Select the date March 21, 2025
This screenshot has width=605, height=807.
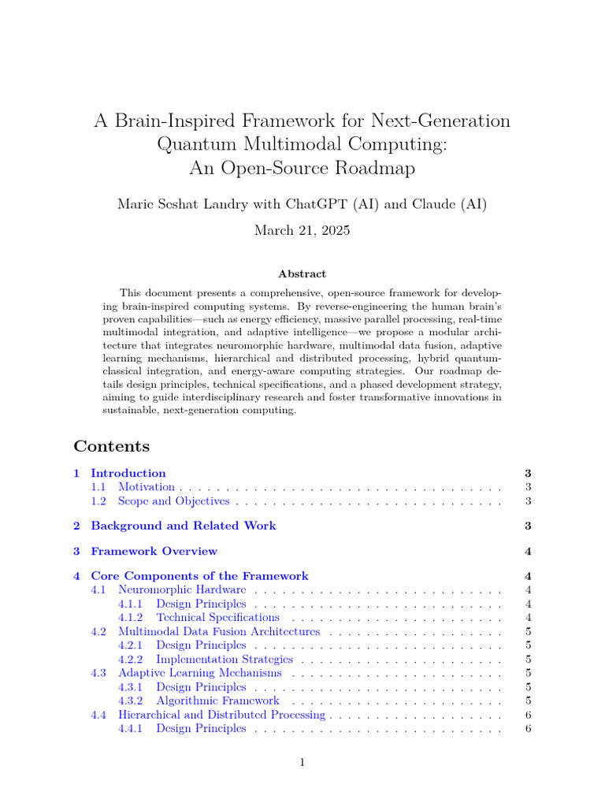(302, 230)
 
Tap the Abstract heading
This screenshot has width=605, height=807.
(302, 273)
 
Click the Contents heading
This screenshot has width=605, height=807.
(111, 446)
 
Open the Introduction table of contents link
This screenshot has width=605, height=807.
(128, 474)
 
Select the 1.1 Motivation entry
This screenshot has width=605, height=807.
(146, 487)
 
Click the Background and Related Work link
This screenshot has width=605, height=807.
(183, 526)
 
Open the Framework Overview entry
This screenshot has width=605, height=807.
(154, 551)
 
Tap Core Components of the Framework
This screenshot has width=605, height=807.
(199, 576)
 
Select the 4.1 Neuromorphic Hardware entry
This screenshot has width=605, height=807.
(181, 589)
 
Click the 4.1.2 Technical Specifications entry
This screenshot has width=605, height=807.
(217, 617)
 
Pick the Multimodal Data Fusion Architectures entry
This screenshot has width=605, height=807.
(218, 631)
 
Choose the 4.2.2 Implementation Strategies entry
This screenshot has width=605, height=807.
(224, 659)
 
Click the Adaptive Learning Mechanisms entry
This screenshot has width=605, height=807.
(199, 673)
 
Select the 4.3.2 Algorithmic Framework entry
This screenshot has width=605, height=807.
(217, 701)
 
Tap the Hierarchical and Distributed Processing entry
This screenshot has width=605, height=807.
(221, 715)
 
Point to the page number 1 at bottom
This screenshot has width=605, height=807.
(302, 763)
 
